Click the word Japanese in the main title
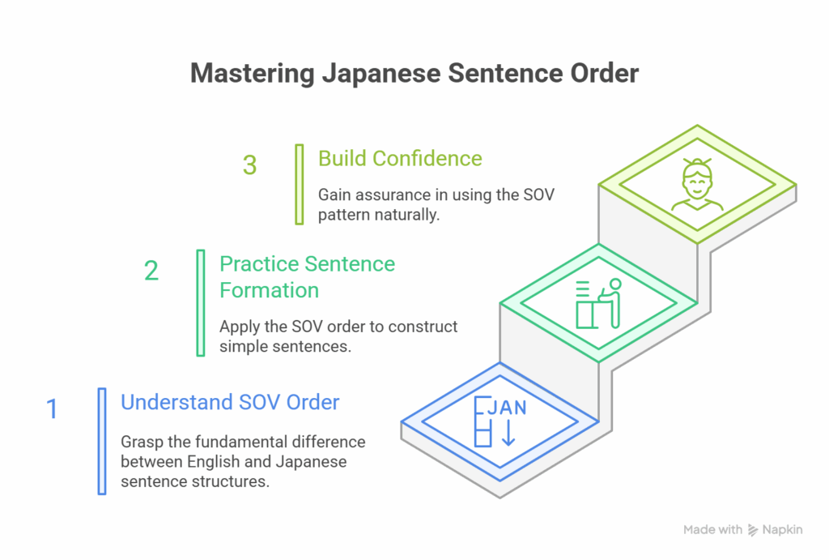pyautogui.click(x=381, y=74)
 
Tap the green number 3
pyautogui.click(x=249, y=165)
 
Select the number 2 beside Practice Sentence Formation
pyautogui.click(x=151, y=271)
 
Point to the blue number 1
pyautogui.click(x=52, y=409)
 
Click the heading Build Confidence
pyautogui.click(x=400, y=158)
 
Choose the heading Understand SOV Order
pyautogui.click(x=230, y=402)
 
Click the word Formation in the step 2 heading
pyautogui.click(x=269, y=290)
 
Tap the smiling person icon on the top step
pyautogui.click(x=697, y=184)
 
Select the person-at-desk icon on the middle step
pyautogui.click(x=598, y=304)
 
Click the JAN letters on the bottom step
pyautogui.click(x=507, y=408)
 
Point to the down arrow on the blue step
pyautogui.click(x=508, y=433)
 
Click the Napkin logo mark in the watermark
pyautogui.click(x=753, y=530)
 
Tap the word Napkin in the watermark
pyautogui.click(x=783, y=530)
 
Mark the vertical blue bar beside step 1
pyautogui.click(x=102, y=442)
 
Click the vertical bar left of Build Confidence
pyautogui.click(x=300, y=184)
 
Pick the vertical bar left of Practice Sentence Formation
pyautogui.click(x=201, y=303)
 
